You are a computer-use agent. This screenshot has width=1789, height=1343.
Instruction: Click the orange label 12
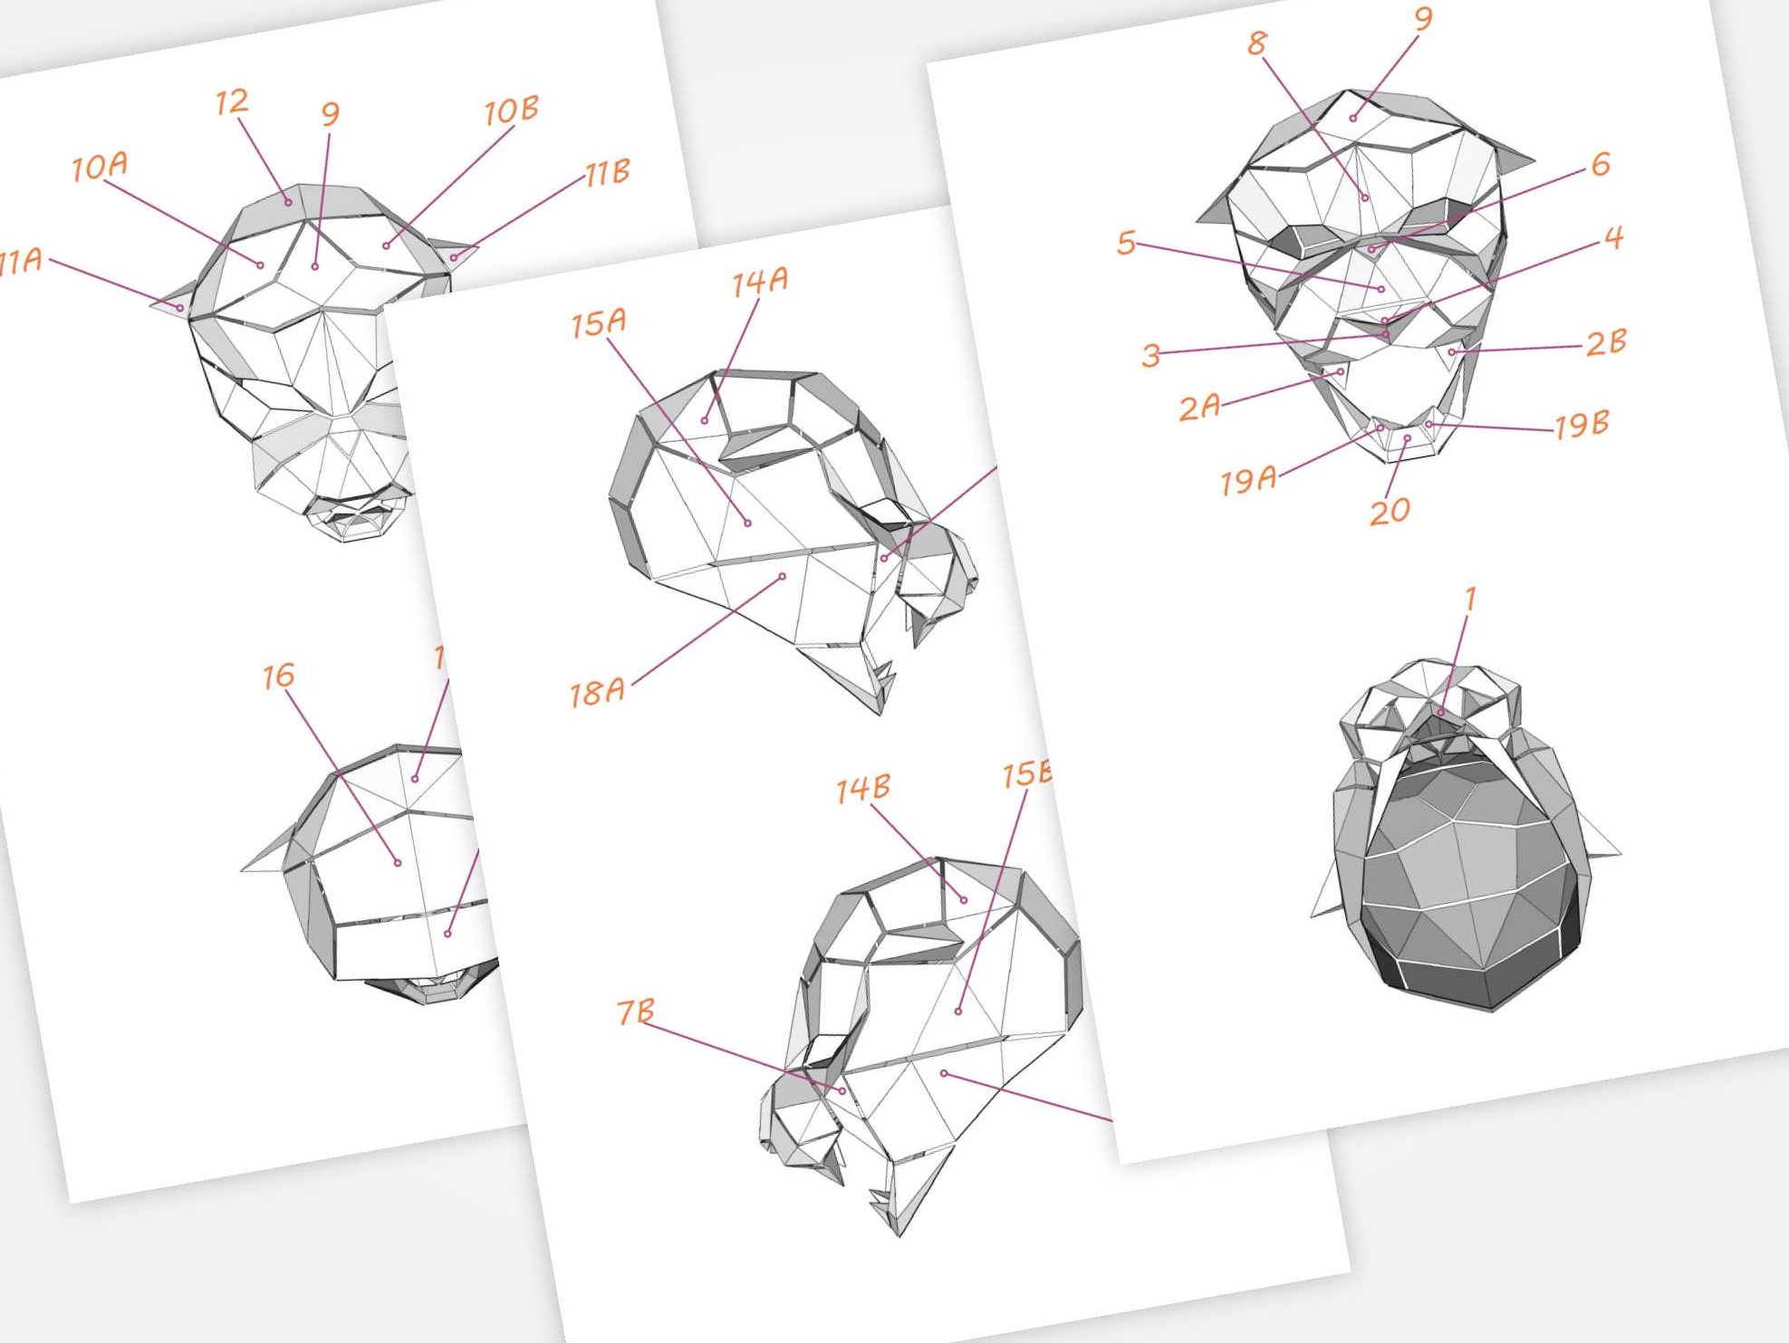[232, 101]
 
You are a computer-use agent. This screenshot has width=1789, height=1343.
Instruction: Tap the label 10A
[100, 167]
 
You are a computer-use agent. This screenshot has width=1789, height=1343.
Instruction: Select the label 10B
[511, 110]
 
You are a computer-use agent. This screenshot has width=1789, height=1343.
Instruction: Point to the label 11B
[607, 172]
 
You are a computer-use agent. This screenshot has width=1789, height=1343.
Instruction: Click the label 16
[278, 676]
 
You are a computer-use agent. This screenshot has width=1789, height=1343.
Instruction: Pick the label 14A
[759, 282]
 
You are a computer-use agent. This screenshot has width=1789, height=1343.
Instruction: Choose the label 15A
[598, 322]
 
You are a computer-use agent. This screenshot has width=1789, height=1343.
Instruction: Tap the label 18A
[597, 693]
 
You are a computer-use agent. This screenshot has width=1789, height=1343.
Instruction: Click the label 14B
[862, 789]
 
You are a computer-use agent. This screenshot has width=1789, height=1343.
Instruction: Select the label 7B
[635, 1012]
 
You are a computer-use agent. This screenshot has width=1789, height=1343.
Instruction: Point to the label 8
[1256, 43]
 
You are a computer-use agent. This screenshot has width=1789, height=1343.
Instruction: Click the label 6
[1601, 164]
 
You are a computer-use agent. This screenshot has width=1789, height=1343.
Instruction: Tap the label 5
[1126, 242]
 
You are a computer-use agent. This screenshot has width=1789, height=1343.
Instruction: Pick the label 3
[1150, 354]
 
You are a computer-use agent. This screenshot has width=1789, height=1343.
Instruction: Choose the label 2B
[1606, 343]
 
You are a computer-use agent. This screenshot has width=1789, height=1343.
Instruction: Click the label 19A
[1248, 479]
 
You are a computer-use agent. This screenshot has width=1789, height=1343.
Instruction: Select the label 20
[1389, 512]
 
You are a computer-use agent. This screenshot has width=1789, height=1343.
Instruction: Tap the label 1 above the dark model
[1470, 599]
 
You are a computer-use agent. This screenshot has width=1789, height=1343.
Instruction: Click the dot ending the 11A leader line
[180, 308]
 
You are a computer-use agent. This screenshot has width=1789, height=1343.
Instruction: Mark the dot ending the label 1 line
[1441, 713]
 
